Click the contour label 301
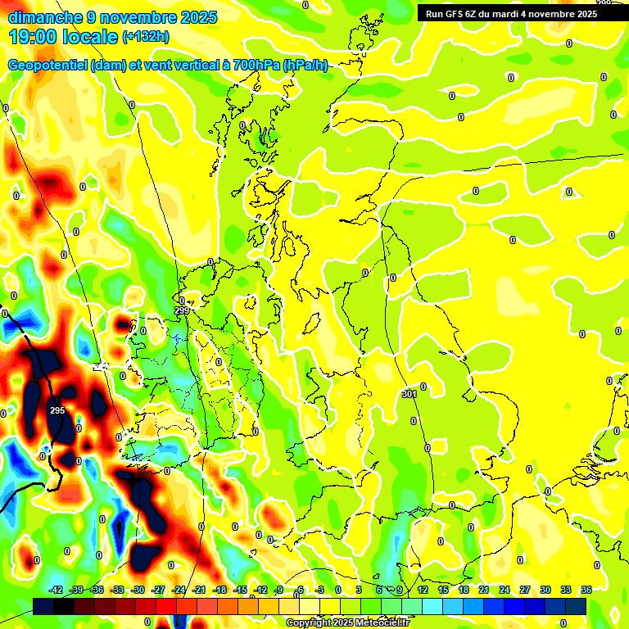(x=410, y=394)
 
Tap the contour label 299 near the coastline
(x=181, y=310)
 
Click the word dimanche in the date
(x=44, y=16)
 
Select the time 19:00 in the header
(x=33, y=37)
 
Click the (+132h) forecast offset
(x=147, y=37)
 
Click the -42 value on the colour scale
(x=57, y=590)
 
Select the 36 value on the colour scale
(x=586, y=590)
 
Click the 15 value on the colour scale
(x=442, y=590)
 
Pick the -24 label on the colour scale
(x=179, y=590)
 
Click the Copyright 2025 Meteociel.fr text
(x=348, y=623)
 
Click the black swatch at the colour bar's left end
(x=44, y=605)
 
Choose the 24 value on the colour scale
(x=504, y=590)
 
